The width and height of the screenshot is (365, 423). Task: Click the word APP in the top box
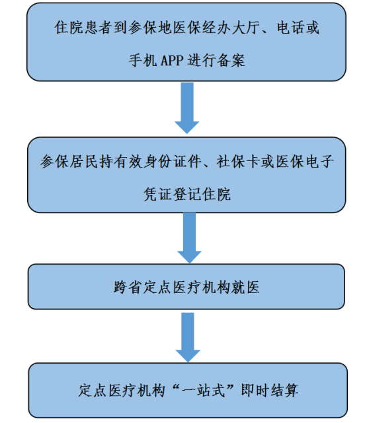(x=172, y=60)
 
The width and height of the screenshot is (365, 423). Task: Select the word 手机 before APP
(x=143, y=60)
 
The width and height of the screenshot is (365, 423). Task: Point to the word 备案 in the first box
(x=230, y=60)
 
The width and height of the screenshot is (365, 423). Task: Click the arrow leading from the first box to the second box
(x=187, y=108)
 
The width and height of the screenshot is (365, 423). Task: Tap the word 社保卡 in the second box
(x=237, y=162)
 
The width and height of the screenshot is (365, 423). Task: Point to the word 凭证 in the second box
(x=157, y=194)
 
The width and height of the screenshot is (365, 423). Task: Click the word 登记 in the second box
(x=187, y=194)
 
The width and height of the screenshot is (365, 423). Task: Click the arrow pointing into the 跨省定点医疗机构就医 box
(x=189, y=238)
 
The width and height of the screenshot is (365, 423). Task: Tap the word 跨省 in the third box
(x=128, y=287)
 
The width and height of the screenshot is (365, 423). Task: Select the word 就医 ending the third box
(x=245, y=287)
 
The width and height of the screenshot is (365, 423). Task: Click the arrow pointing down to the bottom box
(x=188, y=337)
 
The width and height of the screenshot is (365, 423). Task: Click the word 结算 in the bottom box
(x=284, y=391)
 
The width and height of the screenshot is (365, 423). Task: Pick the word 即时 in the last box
(x=255, y=391)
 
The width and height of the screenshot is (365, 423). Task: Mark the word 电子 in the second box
(x=319, y=162)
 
